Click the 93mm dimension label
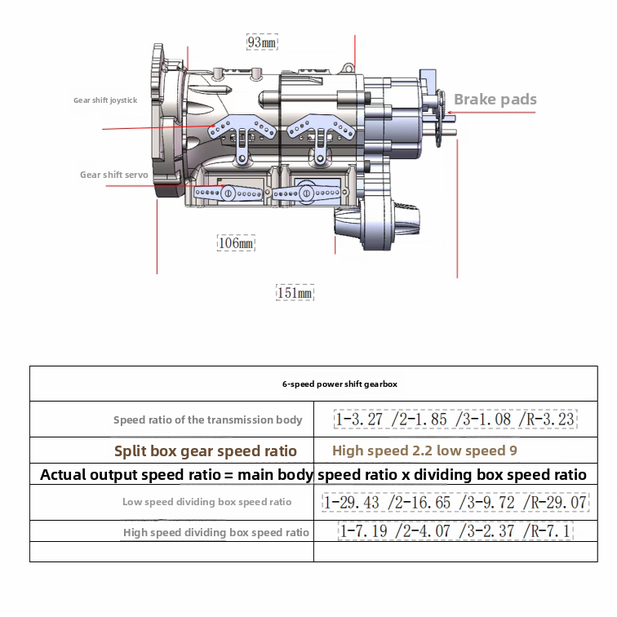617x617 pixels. [x=262, y=42]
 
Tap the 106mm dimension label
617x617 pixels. [x=236, y=243]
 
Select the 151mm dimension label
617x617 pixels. [x=295, y=293]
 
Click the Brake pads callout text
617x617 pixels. [x=495, y=100]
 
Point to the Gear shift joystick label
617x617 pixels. [x=105, y=100]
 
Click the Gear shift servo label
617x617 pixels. [x=113, y=175]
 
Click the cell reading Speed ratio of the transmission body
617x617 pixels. [x=207, y=420]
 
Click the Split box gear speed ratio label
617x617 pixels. [x=205, y=451]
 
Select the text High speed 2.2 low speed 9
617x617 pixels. [x=424, y=451]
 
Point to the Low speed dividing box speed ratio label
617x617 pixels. [x=206, y=502]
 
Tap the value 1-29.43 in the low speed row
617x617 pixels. [x=352, y=502]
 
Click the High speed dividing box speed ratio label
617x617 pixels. [x=216, y=532]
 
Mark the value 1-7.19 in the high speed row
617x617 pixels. [x=364, y=532]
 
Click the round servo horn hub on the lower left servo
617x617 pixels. [x=229, y=193]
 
